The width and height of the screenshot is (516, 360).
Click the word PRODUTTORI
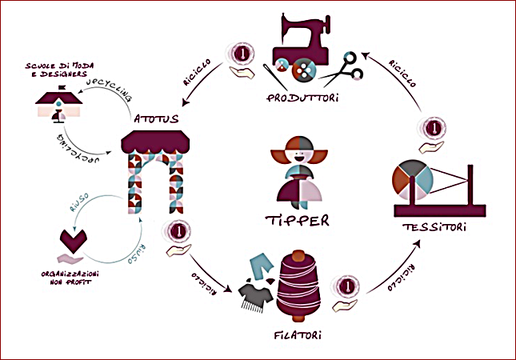click(302, 98)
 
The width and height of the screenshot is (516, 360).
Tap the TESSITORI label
click(434, 227)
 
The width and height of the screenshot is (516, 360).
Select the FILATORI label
click(298, 335)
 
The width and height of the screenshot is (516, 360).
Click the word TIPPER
click(297, 221)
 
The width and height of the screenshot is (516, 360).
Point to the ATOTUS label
click(156, 118)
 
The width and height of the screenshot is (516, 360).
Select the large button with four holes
click(304, 70)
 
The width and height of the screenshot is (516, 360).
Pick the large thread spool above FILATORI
click(298, 286)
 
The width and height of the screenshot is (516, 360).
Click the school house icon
click(59, 104)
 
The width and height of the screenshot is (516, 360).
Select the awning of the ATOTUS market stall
click(155, 142)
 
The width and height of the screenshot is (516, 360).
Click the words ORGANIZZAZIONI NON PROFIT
click(70, 278)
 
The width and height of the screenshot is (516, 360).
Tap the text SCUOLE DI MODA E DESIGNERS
click(59, 70)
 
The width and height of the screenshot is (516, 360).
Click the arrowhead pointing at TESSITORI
click(417, 244)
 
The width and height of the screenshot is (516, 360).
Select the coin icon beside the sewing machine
click(242, 54)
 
